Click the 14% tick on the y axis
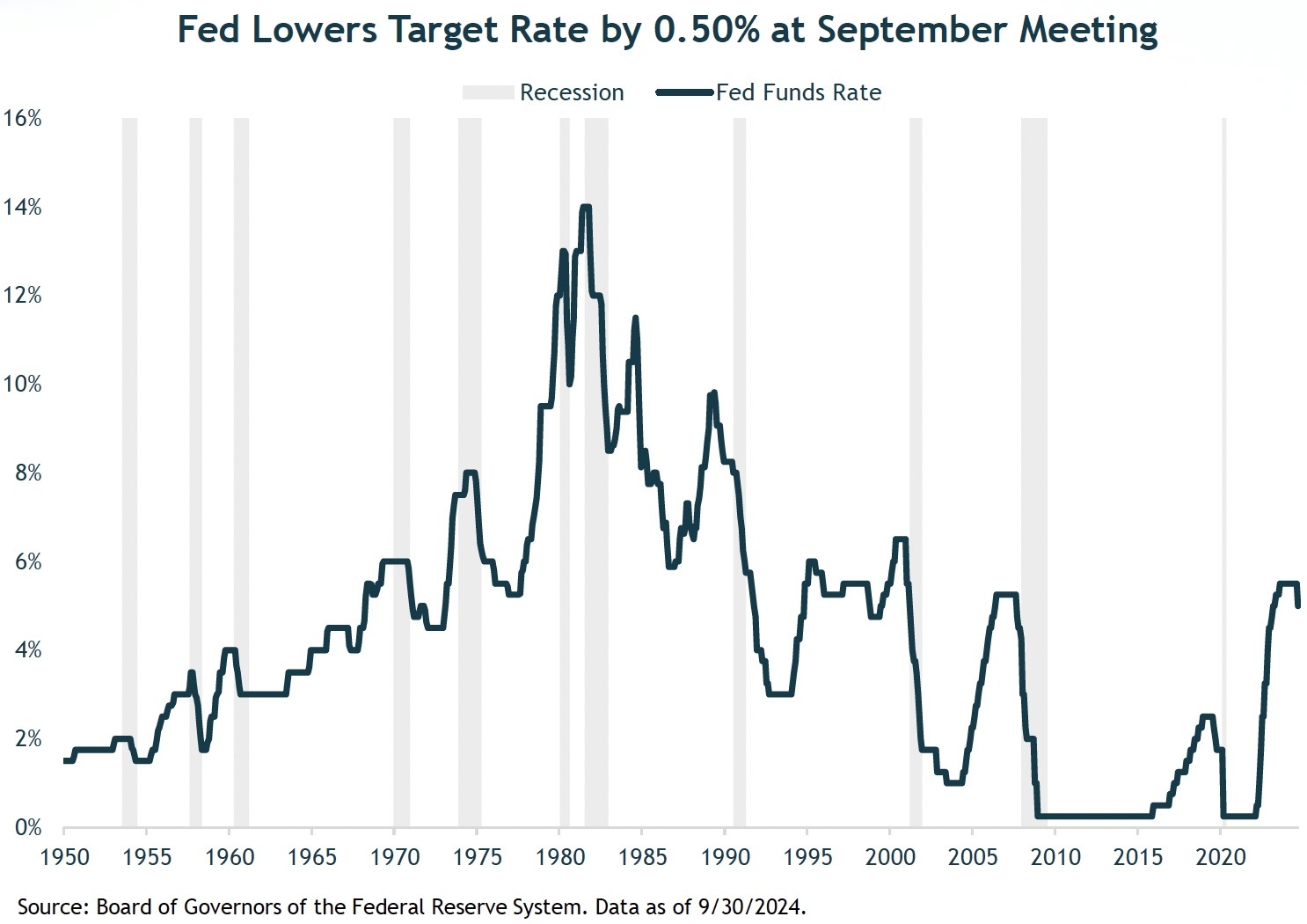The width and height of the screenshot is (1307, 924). [x=23, y=208]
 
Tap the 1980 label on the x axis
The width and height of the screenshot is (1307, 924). [x=560, y=856]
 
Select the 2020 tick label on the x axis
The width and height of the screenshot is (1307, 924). [x=1222, y=856]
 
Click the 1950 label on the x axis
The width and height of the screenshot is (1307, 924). [x=65, y=856]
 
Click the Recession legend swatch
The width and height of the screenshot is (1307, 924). [x=488, y=92]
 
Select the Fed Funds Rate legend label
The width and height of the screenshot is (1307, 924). [x=799, y=92]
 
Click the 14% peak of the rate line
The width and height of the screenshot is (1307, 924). [x=585, y=208]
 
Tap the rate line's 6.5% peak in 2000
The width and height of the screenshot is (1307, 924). [x=900, y=539]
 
